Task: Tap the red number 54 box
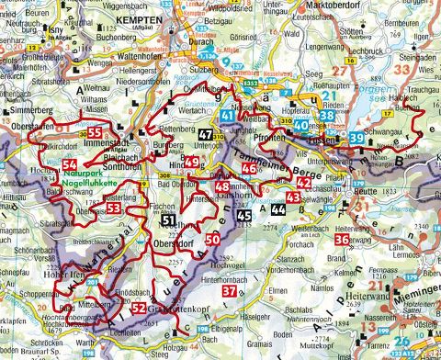[x=72, y=164]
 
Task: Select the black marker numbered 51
[x=167, y=220]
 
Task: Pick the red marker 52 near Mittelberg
[x=139, y=308]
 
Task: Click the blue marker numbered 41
[x=228, y=116]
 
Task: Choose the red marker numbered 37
[x=231, y=290]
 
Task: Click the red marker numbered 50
[x=213, y=241]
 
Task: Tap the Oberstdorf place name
[x=172, y=243]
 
